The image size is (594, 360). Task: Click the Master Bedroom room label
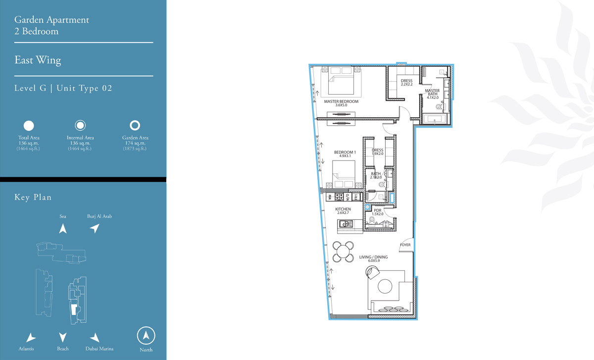click(x=341, y=102)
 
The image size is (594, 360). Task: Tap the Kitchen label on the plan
click(x=343, y=209)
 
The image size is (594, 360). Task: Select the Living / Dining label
click(x=373, y=257)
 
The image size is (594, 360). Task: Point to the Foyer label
click(x=405, y=245)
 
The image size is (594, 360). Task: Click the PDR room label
click(x=378, y=210)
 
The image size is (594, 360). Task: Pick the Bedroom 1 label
click(x=345, y=152)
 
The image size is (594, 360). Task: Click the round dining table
click(x=343, y=252)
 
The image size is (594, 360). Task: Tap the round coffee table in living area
click(x=385, y=286)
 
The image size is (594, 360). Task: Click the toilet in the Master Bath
click(x=439, y=107)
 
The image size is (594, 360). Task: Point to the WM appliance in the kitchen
click(x=330, y=197)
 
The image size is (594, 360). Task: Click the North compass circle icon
click(x=146, y=336)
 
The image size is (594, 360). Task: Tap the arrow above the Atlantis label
click(x=31, y=337)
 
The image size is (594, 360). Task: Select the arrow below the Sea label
click(x=63, y=228)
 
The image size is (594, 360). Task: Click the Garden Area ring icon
click(x=135, y=125)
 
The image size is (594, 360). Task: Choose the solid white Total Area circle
click(x=29, y=125)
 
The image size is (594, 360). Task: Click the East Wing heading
click(x=38, y=60)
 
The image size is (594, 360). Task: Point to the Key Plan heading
click(x=33, y=197)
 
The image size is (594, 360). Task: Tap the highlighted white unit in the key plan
click(x=74, y=309)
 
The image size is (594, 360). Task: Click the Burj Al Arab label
click(x=99, y=216)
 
